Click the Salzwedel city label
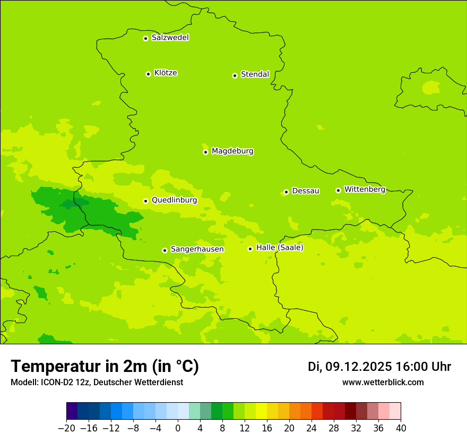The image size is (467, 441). (170, 38)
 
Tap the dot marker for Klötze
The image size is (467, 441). (148, 74)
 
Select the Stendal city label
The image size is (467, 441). (255, 74)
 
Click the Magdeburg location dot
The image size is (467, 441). (205, 152)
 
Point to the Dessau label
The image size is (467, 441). (306, 191)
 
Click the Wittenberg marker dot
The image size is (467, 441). (338, 190)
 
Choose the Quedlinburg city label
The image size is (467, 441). (174, 200)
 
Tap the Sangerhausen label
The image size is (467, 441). (197, 249)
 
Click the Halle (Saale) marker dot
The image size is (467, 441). (250, 249)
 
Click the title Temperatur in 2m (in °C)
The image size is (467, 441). (105, 366)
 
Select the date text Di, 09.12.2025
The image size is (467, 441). (350, 367)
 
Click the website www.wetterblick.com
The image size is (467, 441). (383, 382)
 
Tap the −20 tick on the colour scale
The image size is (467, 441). (66, 428)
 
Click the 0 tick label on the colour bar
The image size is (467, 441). (178, 428)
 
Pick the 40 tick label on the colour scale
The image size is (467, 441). (401, 428)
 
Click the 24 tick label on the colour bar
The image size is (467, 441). (312, 428)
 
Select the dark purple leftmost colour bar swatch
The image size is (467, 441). (72, 411)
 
